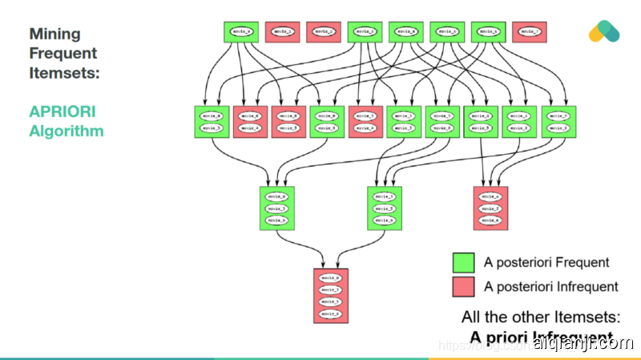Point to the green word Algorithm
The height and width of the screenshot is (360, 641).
click(67, 131)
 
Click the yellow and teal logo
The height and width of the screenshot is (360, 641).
click(604, 31)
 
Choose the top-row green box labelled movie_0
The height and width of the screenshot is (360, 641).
click(240, 32)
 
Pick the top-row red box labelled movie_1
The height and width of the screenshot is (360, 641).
click(281, 32)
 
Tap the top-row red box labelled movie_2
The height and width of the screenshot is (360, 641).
click(323, 32)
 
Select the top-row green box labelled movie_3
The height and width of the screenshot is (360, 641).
click(365, 32)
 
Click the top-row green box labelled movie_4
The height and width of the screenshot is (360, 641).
click(406, 32)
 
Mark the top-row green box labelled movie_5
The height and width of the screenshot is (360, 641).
click(447, 32)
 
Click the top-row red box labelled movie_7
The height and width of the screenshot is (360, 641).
click(530, 32)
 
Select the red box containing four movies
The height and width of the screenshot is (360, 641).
click(331, 295)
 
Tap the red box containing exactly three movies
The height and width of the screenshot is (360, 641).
click(491, 208)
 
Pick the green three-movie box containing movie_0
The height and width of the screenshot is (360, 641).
click(276, 208)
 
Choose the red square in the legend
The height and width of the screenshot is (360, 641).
click(464, 287)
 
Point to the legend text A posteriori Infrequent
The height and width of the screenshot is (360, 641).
click(551, 287)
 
